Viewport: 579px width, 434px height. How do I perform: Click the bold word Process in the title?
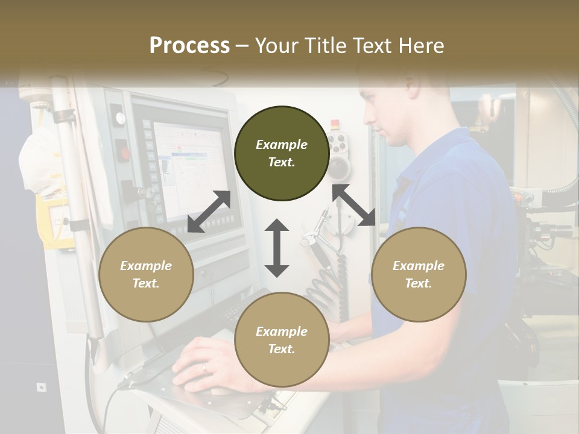189,45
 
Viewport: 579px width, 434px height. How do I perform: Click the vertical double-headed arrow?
277,248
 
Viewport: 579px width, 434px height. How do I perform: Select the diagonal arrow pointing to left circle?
209,212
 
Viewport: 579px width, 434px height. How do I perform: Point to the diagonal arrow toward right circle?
353,205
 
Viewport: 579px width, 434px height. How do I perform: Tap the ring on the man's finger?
204,366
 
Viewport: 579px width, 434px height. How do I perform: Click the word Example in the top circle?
282,145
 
